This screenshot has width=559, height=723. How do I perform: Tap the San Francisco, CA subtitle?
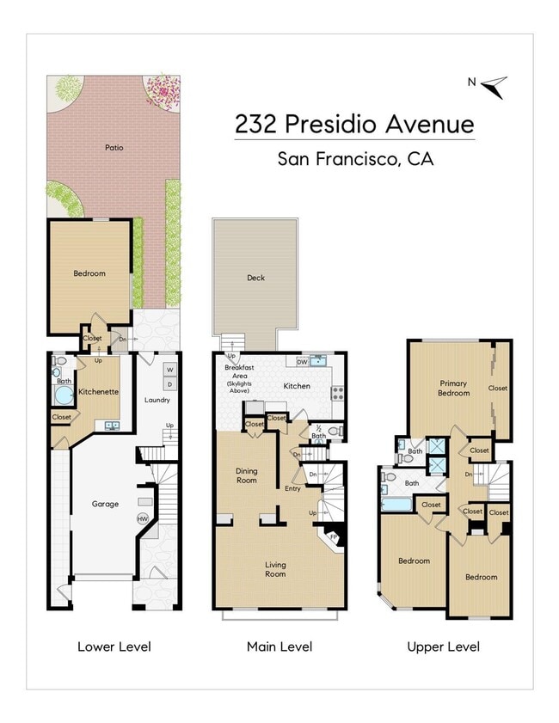coord(354,159)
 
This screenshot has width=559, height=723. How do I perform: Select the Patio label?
coord(114,148)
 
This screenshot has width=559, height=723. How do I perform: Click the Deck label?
coord(255,278)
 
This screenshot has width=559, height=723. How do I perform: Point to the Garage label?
coord(105,504)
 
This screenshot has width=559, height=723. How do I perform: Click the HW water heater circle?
coord(143,518)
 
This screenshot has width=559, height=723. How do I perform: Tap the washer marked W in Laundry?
coord(169,371)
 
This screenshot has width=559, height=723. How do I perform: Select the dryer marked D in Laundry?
coord(169,384)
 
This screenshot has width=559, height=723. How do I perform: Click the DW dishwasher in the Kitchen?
coord(302,361)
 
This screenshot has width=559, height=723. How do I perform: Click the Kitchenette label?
coord(98,392)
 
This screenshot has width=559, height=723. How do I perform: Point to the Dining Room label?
coord(247,475)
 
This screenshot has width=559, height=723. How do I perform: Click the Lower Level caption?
coord(114,646)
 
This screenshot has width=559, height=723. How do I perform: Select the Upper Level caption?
coord(443,646)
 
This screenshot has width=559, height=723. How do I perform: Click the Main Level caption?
coord(279,646)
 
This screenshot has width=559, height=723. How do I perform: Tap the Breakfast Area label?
coord(237,379)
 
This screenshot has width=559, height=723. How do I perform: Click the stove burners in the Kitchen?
coord(338,395)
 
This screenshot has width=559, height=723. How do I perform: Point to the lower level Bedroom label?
coord(89,273)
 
